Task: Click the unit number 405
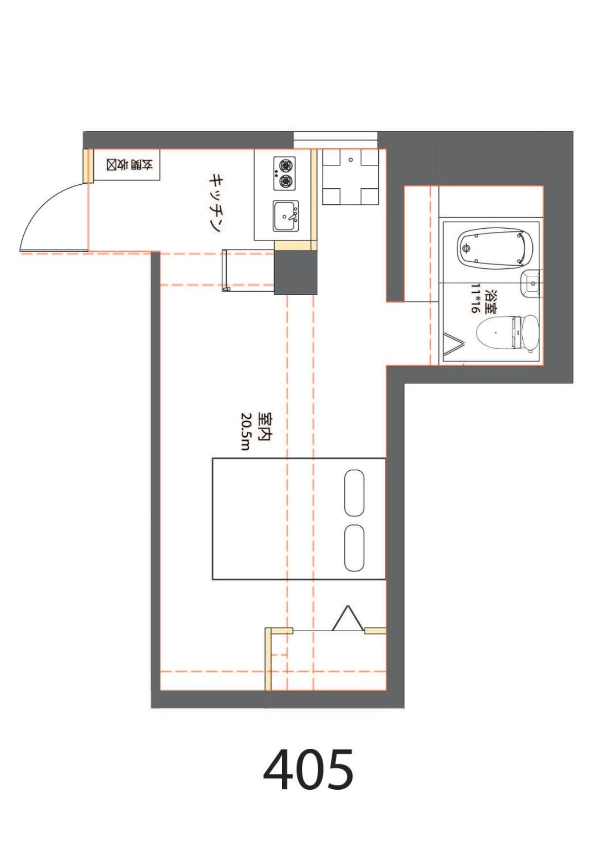[x=309, y=770]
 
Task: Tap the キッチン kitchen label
[x=216, y=203]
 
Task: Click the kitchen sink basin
[x=285, y=216]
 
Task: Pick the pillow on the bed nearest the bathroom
[x=354, y=493]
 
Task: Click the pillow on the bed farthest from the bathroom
[x=354, y=548]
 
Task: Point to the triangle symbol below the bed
[x=348, y=618]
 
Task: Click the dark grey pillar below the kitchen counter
[x=295, y=272]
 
